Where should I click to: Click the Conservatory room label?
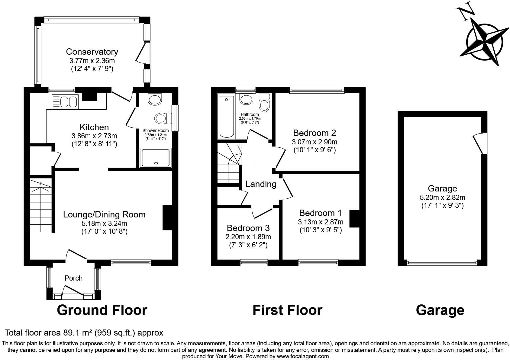coord(92,52)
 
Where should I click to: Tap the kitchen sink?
coord(65,101)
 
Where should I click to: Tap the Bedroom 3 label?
coord(248,228)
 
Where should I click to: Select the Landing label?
coord(261,184)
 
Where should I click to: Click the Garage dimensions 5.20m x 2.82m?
coord(442,198)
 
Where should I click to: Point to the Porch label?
coord(73,278)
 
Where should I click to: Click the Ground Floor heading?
coord(102,310)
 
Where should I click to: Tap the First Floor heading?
coord(287,310)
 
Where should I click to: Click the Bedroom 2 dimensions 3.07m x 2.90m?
coord(315,142)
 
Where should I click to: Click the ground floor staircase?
coord(41,206)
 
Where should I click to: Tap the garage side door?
coord(480,143)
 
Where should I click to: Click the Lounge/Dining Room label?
coord(104,214)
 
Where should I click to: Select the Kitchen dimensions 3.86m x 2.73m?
coord(94,136)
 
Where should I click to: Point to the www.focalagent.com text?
coord(303,356)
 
